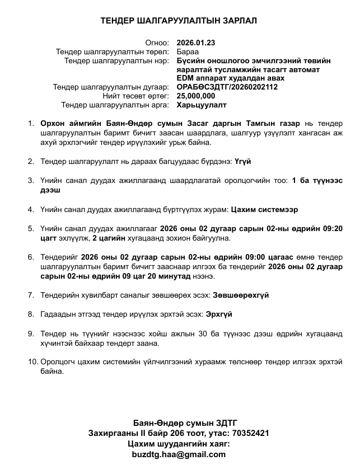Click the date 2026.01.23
coord(195,43)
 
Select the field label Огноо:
coord(157,43)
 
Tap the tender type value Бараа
coord(187,51)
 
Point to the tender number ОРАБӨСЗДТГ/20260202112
coord(227,87)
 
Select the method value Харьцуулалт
coord(202,105)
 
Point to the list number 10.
coord(32,361)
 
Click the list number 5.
coord(31,228)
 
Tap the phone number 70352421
coord(250,433)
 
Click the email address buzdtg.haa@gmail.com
coord(179,454)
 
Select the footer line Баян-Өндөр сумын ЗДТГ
coord(179,422)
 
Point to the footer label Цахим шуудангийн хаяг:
coord(179,444)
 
